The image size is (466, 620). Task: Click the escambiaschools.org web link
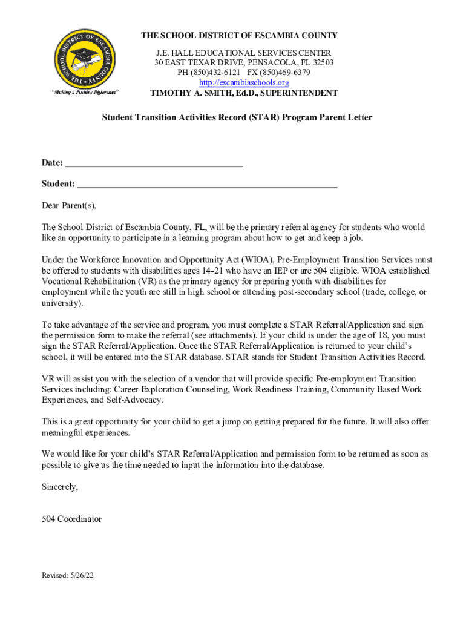click(244, 82)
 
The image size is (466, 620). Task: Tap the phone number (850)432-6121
click(216, 73)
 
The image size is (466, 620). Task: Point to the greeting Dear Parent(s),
click(68, 205)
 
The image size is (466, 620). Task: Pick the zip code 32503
click(321, 63)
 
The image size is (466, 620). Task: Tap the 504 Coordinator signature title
click(71, 519)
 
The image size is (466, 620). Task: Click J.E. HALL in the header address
click(173, 53)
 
